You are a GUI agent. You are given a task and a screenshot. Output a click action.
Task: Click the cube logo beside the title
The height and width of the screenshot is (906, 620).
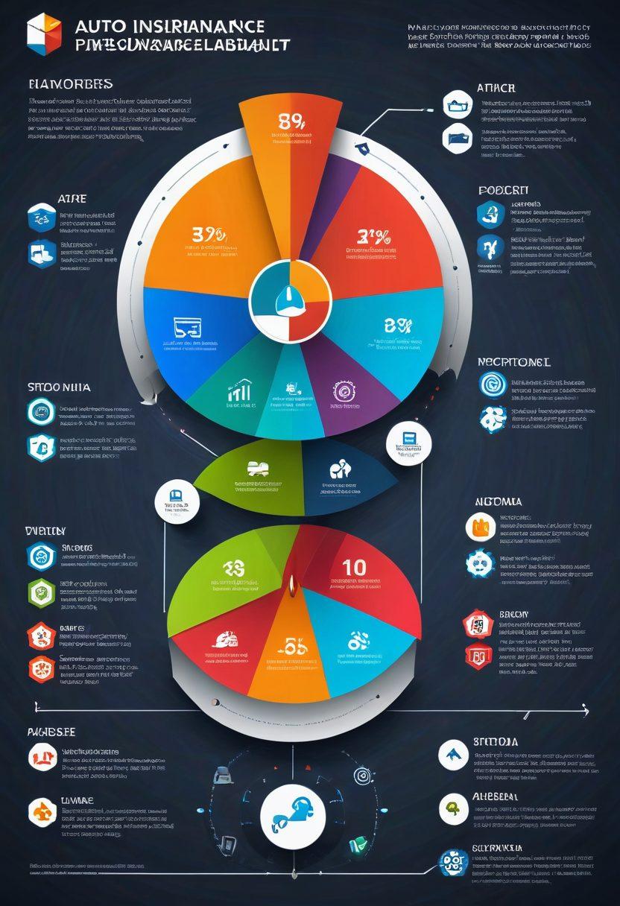[x=44, y=33]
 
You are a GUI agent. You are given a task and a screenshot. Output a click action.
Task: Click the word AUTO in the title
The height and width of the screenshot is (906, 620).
[x=95, y=26]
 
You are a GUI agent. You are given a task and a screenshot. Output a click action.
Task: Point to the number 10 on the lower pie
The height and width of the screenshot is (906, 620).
[x=354, y=568]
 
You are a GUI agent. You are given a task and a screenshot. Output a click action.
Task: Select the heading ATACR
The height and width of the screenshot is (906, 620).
[x=496, y=88]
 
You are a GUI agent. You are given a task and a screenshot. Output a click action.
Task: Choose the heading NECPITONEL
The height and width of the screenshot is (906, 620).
[x=513, y=362]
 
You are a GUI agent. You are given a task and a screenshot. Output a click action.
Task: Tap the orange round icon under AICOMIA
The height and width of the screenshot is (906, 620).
[x=480, y=527]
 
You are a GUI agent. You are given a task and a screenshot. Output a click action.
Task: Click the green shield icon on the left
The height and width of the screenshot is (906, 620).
[x=41, y=591]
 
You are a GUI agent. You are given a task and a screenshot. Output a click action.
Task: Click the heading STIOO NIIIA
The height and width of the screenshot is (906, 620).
[x=59, y=387]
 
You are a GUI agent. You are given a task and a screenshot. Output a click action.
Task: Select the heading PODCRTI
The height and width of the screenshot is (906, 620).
[x=503, y=191]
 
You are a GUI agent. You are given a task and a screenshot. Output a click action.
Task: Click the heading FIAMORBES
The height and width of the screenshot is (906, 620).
[x=71, y=83]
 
